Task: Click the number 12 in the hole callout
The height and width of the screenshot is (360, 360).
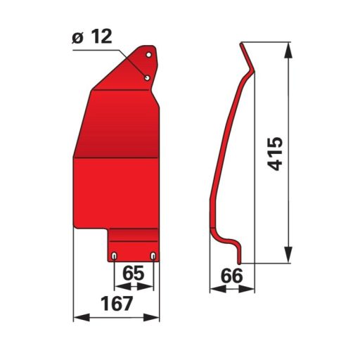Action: coord(103,38)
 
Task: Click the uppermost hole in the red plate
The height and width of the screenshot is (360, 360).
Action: coord(148,53)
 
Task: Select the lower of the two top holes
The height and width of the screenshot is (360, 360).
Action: coord(147,77)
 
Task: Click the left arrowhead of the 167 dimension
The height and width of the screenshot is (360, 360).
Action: coord(78,318)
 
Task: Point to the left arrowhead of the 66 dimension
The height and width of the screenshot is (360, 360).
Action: coord(213,288)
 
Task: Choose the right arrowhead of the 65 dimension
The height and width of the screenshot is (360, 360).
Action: coord(150,286)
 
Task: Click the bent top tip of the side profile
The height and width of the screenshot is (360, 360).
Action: coord(243,46)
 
